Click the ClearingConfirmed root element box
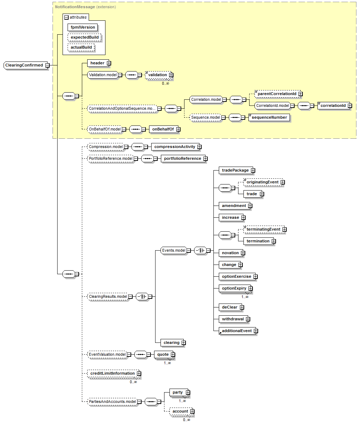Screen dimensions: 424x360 click(x=24, y=65)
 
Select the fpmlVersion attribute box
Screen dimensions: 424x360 click(x=83, y=27)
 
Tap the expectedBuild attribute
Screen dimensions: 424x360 click(x=84, y=37)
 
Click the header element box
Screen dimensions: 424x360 click(x=97, y=63)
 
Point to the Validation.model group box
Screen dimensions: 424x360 click(x=103, y=75)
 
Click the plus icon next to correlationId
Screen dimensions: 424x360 click(x=350, y=106)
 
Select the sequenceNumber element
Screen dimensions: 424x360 click(x=269, y=117)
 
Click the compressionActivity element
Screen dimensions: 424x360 click(x=174, y=147)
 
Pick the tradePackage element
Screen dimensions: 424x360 click(x=235, y=170)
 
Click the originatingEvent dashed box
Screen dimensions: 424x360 click(x=262, y=182)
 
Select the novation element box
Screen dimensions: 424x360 click(x=230, y=253)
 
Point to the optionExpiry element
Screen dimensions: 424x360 click(x=234, y=288)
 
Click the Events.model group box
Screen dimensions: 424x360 click(x=173, y=251)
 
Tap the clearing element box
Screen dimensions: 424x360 click(x=171, y=342)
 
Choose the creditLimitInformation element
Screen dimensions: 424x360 click(x=112, y=373)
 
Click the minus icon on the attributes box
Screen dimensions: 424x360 click(x=66, y=17)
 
